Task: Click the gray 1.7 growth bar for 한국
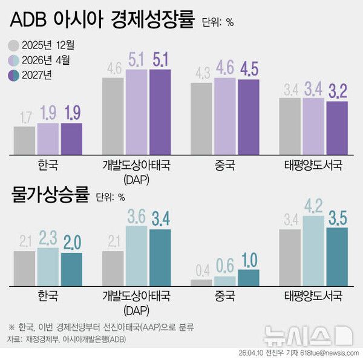24,139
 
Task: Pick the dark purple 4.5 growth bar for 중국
248,116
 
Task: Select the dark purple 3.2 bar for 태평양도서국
337,127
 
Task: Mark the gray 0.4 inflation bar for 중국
201,282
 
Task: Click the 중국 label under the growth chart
225,165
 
